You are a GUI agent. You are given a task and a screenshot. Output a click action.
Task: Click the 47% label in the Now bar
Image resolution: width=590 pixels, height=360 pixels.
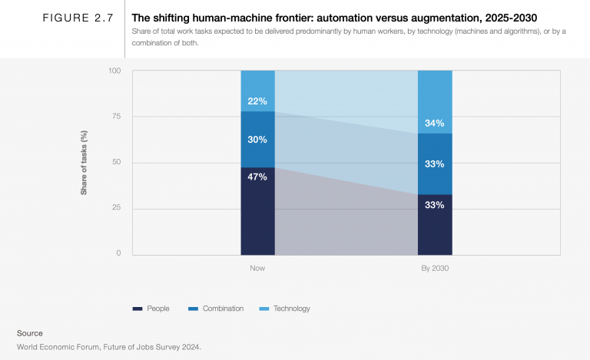(x=257, y=177)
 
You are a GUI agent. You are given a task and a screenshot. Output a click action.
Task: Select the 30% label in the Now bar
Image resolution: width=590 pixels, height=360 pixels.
(x=257, y=140)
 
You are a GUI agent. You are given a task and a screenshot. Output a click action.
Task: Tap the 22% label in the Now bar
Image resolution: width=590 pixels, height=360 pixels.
(x=257, y=101)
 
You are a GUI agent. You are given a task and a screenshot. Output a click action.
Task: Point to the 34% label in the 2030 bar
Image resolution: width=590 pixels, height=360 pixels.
(x=435, y=123)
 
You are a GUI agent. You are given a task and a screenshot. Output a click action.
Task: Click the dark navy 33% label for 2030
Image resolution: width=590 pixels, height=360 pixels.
(x=435, y=205)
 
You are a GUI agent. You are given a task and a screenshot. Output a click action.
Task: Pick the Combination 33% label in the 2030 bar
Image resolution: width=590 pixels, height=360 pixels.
(x=435, y=164)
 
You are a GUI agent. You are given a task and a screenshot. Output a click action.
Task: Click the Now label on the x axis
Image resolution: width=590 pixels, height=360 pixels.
(x=257, y=269)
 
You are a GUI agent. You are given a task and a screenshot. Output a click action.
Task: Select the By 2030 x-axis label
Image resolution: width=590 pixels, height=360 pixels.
(x=435, y=269)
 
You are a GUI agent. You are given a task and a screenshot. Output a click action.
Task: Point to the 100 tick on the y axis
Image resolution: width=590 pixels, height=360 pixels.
(x=115, y=71)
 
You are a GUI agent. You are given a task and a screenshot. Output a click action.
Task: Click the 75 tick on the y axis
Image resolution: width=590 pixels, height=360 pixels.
(x=117, y=117)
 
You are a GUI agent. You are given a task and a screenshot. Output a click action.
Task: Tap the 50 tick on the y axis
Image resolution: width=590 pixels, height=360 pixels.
(x=117, y=163)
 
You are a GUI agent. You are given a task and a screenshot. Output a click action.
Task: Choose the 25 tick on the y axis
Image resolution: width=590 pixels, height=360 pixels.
(x=117, y=209)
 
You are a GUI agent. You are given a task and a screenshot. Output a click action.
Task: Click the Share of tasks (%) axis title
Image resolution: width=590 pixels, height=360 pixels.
(x=85, y=163)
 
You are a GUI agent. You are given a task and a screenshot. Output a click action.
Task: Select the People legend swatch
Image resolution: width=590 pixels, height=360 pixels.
(x=138, y=309)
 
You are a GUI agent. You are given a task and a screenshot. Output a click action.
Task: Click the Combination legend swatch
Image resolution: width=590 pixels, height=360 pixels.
(x=193, y=309)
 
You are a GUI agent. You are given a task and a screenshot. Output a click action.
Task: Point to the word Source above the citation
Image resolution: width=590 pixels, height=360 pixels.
(x=30, y=333)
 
